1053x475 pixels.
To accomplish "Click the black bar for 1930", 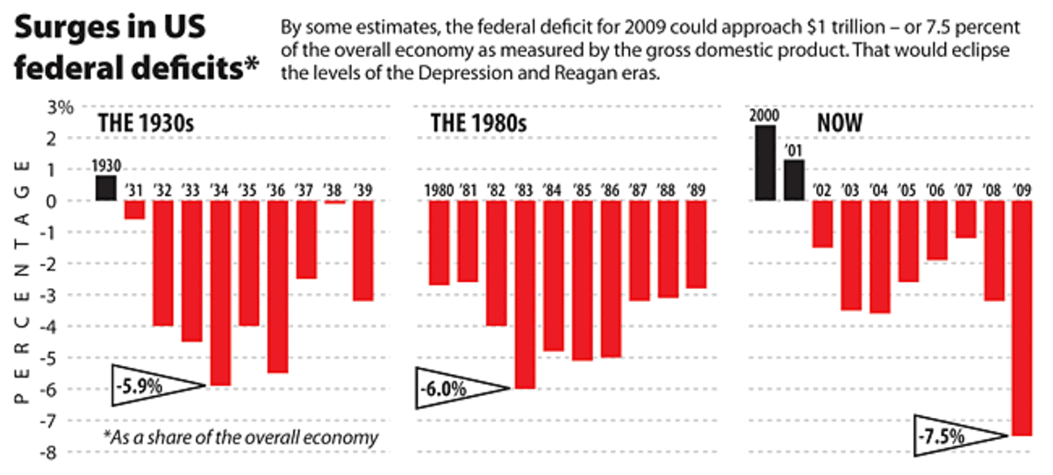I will tap(105, 188).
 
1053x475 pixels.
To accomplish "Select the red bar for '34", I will tap(220, 292).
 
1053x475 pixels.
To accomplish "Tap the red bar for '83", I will tap(525, 294).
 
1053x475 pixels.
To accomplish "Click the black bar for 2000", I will tap(765, 163).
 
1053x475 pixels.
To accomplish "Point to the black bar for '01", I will tap(794, 180).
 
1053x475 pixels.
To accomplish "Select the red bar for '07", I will tap(965, 220).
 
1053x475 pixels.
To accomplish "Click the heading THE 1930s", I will tap(144, 123).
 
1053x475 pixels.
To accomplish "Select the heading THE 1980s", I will tap(478, 123).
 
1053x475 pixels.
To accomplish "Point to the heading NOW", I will tap(840, 123).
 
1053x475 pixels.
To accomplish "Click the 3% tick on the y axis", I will tap(60, 107).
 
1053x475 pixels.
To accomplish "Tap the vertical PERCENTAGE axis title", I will tap(24, 281).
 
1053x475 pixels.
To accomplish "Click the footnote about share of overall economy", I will tap(240, 437).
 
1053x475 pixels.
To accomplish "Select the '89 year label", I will tap(696, 190).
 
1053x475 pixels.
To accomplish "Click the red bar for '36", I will tap(278, 286).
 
